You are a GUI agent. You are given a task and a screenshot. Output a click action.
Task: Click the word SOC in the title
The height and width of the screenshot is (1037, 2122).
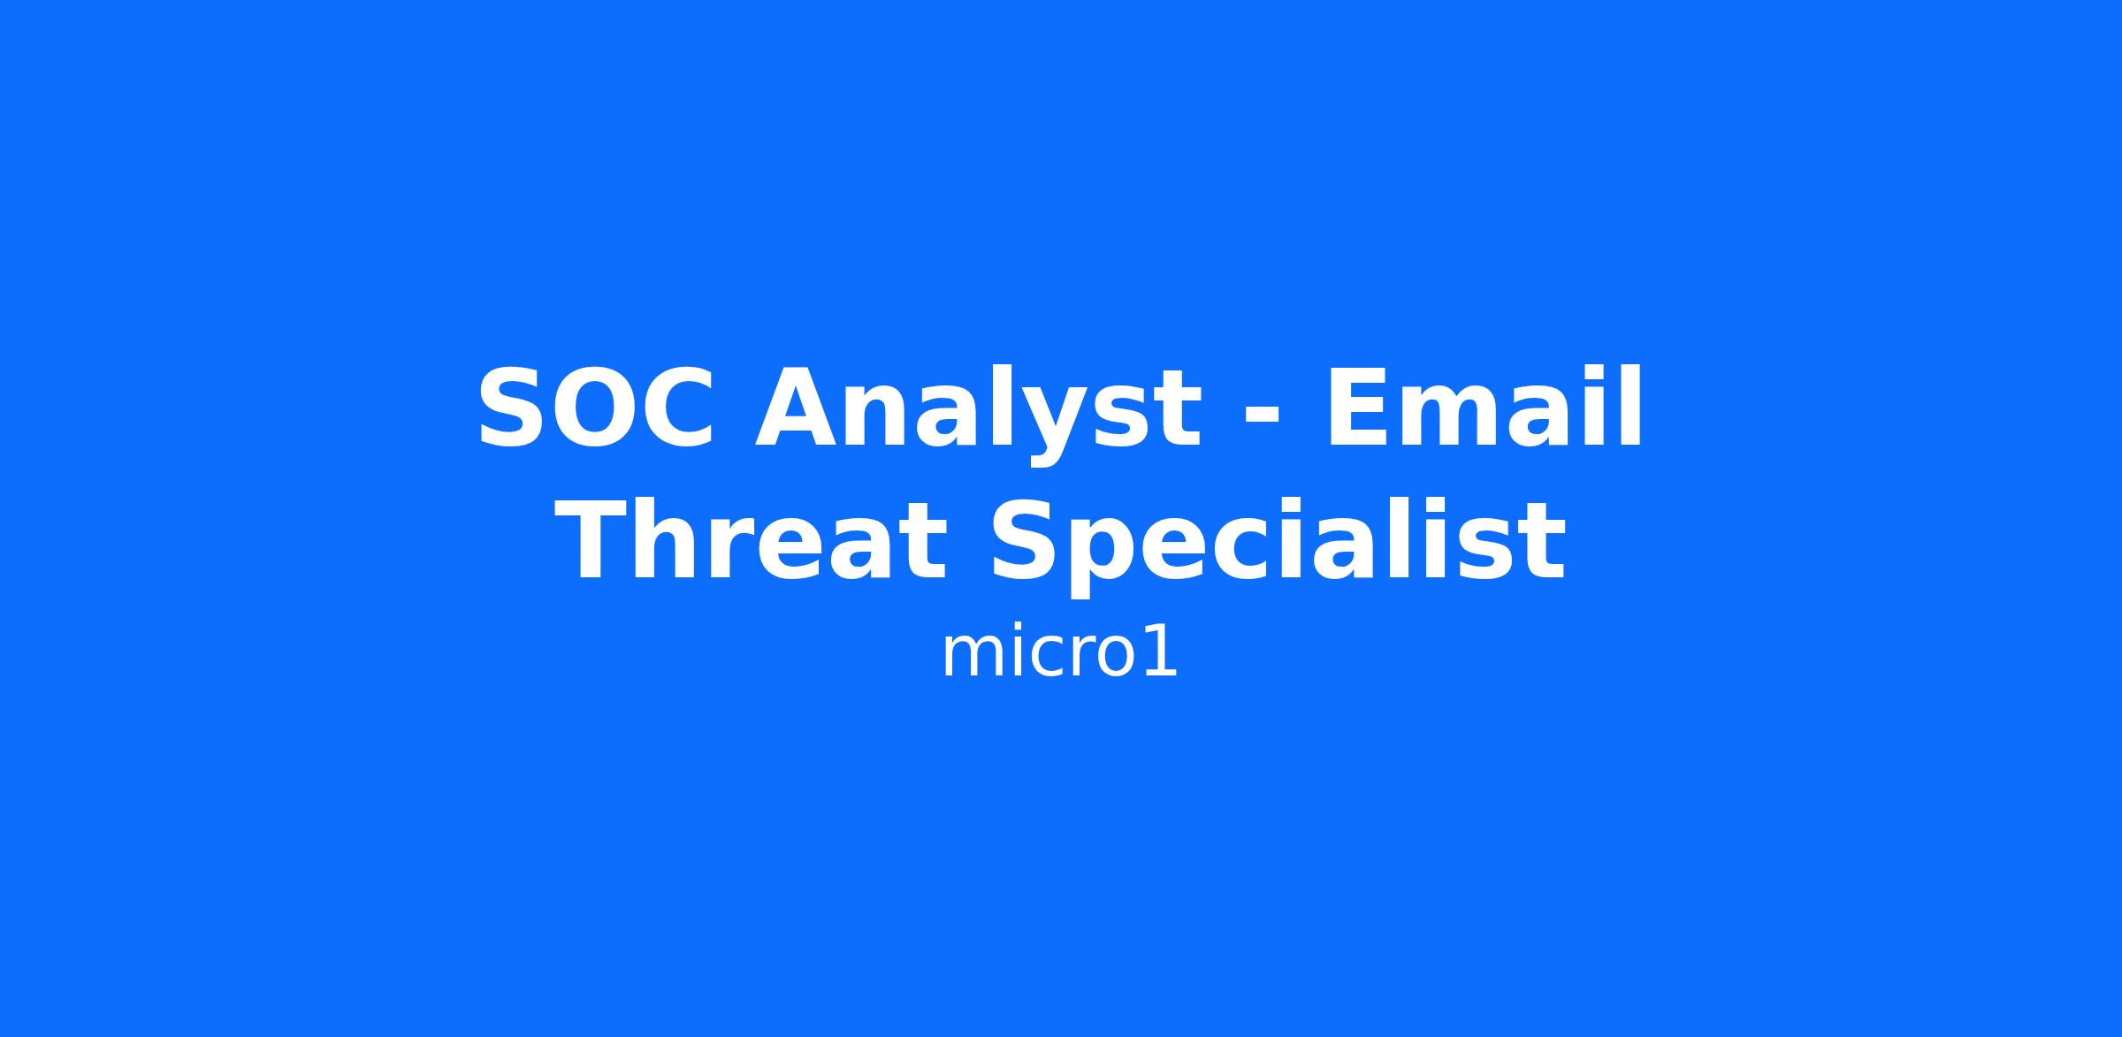595,408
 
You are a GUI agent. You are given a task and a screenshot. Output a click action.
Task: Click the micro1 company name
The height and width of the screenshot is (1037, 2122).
1059,655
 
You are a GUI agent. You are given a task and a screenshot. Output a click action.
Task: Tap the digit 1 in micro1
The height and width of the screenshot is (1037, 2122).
1161,654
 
